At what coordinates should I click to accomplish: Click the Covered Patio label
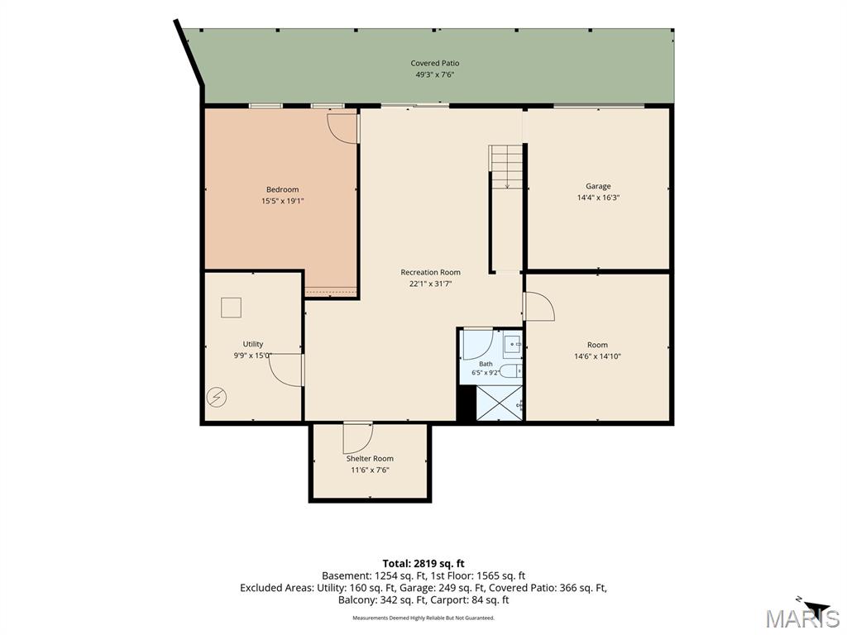pyautogui.click(x=435, y=63)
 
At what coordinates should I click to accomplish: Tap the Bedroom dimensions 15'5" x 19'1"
pyautogui.click(x=283, y=201)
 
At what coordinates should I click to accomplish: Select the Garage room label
pyautogui.click(x=598, y=186)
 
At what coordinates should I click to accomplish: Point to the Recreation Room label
pyautogui.click(x=430, y=272)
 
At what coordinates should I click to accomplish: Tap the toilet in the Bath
pyautogui.click(x=510, y=371)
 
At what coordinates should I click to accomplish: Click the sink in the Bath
pyautogui.click(x=512, y=343)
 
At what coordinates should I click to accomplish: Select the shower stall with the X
pyautogui.click(x=499, y=403)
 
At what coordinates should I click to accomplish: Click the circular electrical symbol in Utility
pyautogui.click(x=218, y=398)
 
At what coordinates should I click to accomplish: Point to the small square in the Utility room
pyautogui.click(x=232, y=308)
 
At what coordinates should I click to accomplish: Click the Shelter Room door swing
pyautogui.click(x=358, y=438)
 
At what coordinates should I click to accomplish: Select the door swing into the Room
pyautogui.click(x=540, y=307)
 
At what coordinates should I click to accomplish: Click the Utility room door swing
pyautogui.click(x=285, y=370)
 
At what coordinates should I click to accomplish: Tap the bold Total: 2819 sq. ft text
pyautogui.click(x=423, y=564)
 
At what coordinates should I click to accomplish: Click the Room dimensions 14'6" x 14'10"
pyautogui.click(x=597, y=356)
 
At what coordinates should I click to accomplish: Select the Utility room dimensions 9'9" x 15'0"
pyautogui.click(x=253, y=356)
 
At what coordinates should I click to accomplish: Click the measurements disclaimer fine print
pyautogui.click(x=423, y=618)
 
